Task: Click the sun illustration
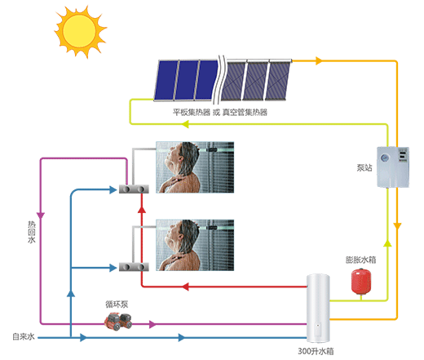(80, 31)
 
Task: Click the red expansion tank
(361, 282)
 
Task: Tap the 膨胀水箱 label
(360, 260)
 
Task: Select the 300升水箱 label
(316, 351)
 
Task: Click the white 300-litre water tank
(318, 309)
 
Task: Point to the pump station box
(393, 167)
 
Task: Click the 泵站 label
(364, 167)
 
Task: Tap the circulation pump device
(118, 321)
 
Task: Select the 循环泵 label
(117, 304)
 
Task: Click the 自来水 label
(24, 336)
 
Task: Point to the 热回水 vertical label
(32, 232)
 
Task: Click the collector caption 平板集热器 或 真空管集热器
(220, 112)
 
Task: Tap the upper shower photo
(195, 167)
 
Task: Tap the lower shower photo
(195, 245)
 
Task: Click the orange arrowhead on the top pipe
(319, 60)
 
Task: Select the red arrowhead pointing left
(185, 287)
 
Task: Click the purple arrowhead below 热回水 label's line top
(41, 216)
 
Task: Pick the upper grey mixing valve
(134, 189)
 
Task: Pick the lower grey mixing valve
(134, 267)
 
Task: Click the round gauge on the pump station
(384, 158)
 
